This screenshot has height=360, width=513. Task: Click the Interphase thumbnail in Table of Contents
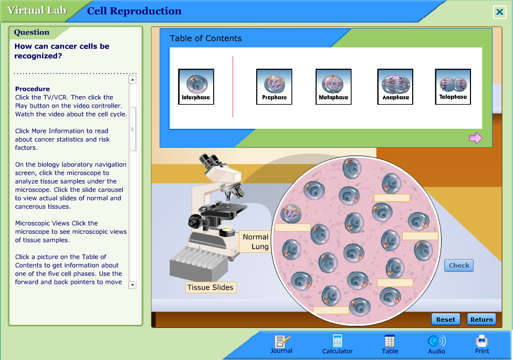click(196, 86)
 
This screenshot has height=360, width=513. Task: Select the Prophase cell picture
click(274, 86)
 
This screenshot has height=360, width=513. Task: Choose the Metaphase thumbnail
click(333, 86)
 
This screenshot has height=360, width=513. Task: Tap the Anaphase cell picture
click(395, 86)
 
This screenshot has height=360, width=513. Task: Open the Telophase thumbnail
click(453, 86)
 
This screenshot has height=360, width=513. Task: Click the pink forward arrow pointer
click(475, 138)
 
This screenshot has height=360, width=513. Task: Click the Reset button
click(445, 319)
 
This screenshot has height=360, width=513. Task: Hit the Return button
click(481, 319)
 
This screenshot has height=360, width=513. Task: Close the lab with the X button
click(499, 13)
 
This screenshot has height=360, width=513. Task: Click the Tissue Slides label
click(211, 287)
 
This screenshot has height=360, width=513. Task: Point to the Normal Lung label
click(256, 242)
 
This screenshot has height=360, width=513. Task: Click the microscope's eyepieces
click(209, 160)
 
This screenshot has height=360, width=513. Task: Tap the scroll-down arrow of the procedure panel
click(132, 284)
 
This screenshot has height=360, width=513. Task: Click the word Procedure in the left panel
click(33, 89)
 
